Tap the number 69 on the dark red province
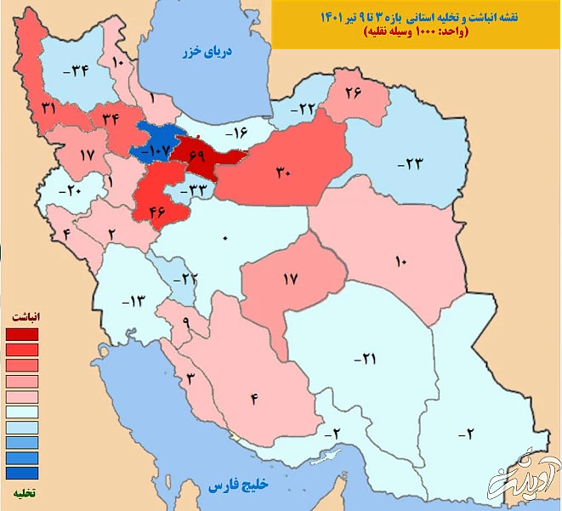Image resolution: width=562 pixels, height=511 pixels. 198,156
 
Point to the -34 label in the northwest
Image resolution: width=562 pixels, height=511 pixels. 79,71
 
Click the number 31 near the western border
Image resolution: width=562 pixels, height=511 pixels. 48,108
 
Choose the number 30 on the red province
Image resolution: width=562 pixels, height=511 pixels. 283,172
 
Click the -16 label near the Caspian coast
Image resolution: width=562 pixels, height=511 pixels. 235,133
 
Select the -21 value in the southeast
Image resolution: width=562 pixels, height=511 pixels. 363,360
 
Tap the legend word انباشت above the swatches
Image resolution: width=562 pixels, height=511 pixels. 28,316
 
